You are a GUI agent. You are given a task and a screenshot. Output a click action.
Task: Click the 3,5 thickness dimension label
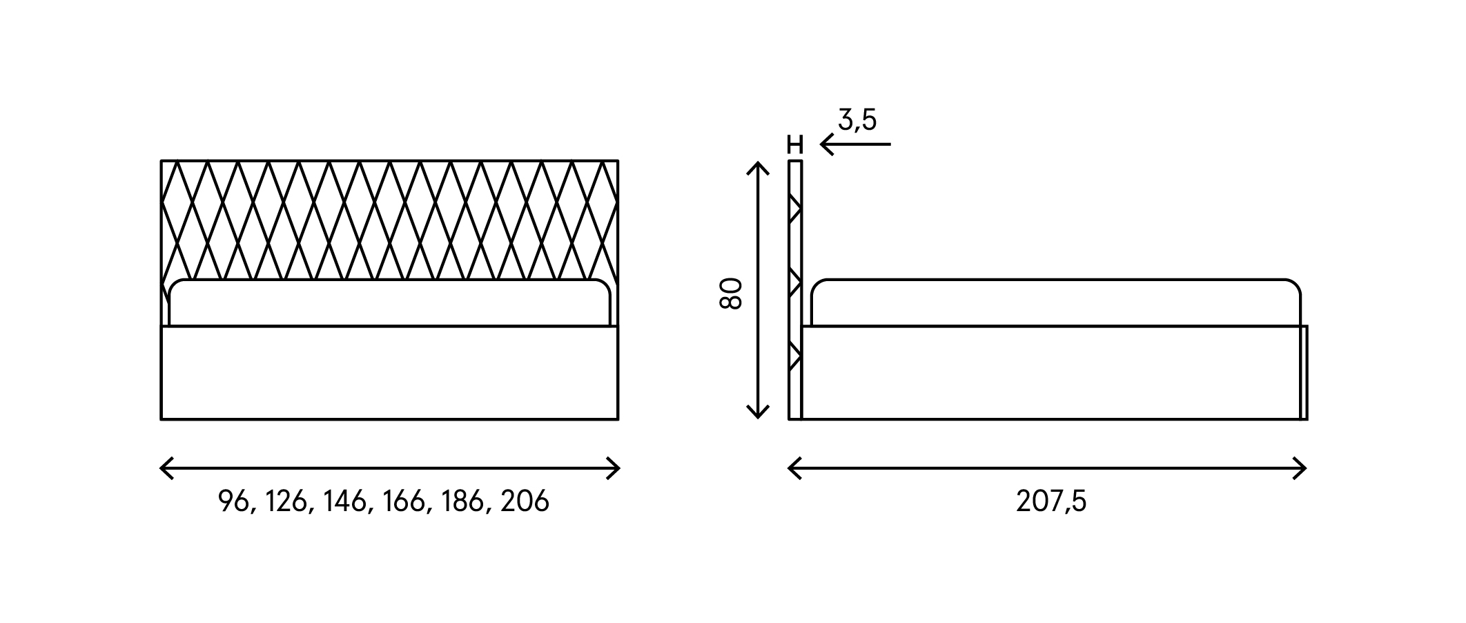click(857, 121)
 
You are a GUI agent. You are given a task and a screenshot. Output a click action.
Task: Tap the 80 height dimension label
click(731, 294)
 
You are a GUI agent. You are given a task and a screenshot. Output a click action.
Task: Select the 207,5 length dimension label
click(1051, 502)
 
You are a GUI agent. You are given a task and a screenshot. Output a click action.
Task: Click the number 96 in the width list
click(233, 501)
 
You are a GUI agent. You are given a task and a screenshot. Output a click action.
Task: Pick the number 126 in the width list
click(286, 501)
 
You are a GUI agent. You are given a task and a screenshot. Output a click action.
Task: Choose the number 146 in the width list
click(344, 501)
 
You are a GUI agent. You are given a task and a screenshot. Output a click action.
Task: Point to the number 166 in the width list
click(403, 501)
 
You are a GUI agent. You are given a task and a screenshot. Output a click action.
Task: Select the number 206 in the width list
click(525, 501)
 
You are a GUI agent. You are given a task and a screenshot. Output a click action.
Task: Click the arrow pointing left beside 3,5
click(855, 144)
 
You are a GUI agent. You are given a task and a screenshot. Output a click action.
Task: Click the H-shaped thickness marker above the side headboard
click(795, 144)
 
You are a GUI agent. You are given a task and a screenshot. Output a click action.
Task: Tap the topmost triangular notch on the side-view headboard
click(794, 208)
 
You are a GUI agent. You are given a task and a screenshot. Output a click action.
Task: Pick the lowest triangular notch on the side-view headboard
click(794, 356)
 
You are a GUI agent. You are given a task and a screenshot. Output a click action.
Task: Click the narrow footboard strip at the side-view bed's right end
click(1303, 372)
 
